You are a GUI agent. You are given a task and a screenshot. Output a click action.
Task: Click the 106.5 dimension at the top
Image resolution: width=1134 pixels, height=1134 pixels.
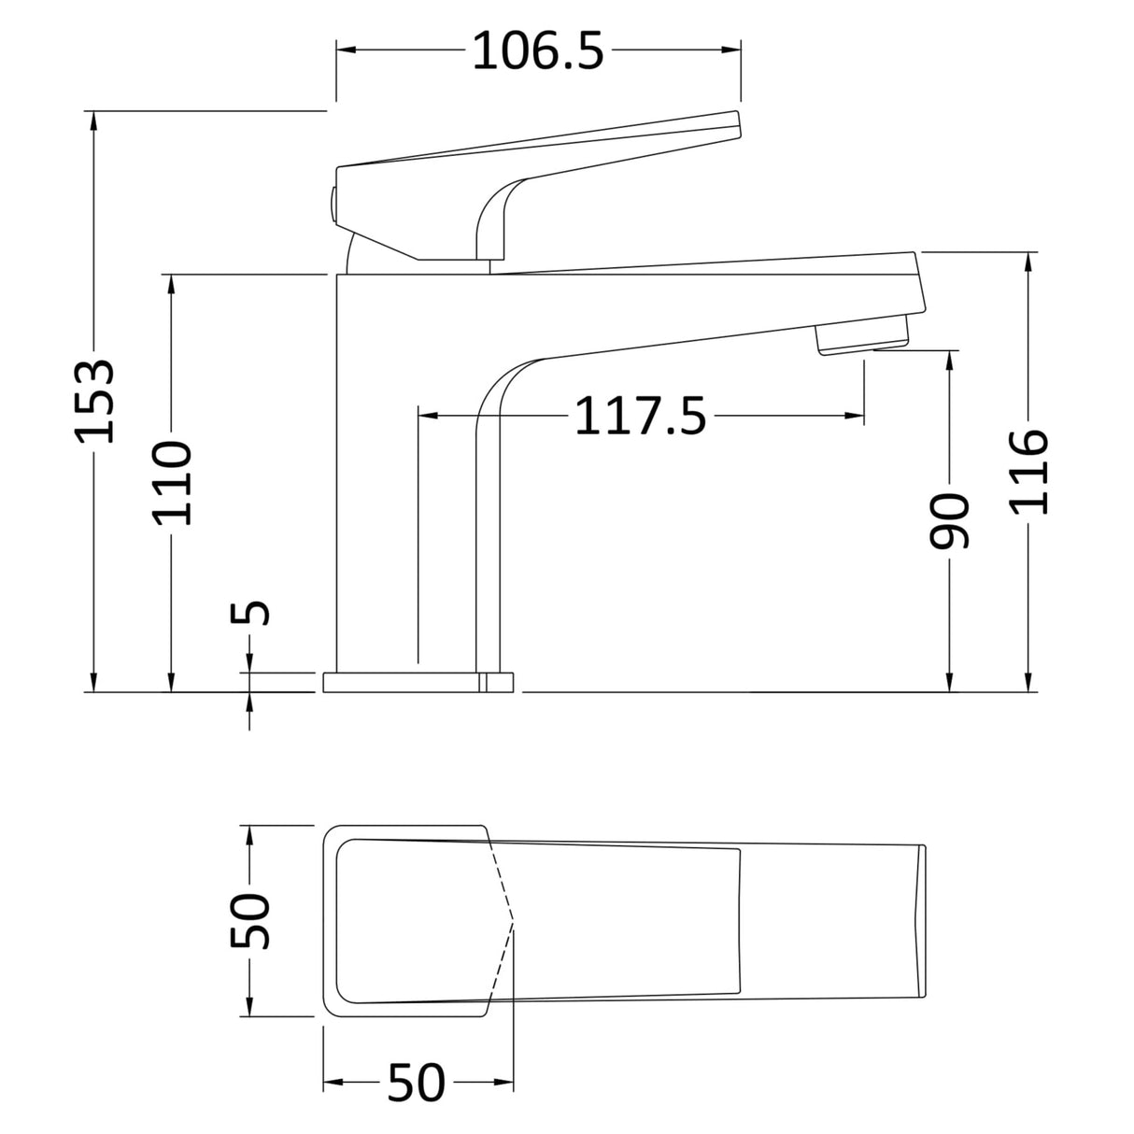538,50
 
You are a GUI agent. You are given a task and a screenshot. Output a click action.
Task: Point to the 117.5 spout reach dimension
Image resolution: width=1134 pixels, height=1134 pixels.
640,416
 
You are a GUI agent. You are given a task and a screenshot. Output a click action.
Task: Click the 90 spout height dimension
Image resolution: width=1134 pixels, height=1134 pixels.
951,520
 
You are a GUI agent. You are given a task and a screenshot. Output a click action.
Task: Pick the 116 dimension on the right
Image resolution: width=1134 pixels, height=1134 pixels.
1029,471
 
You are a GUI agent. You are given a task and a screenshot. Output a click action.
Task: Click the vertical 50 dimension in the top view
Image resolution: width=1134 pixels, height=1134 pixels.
250,920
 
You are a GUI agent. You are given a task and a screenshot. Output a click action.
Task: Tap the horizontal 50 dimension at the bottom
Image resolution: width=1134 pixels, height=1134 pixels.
417,1084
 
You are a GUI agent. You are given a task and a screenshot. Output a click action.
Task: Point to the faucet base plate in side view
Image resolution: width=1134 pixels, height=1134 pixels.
418,682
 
